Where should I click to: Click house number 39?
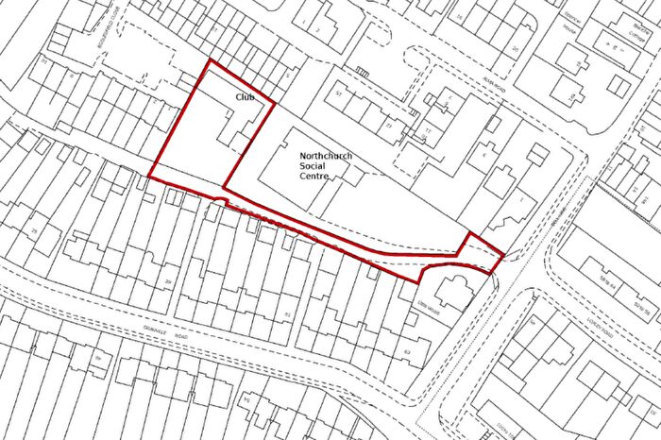(168, 283)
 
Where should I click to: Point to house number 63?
(408, 351)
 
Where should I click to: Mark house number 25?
(33, 229)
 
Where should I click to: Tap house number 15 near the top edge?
(459, 17)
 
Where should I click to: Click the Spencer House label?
(573, 25)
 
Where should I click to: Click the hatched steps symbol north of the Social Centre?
(362, 69)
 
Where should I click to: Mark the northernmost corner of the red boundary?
(209, 62)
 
